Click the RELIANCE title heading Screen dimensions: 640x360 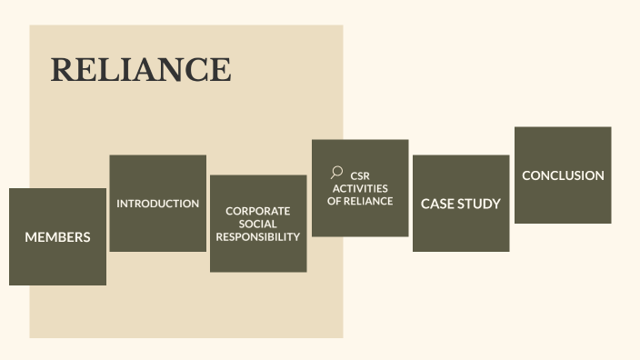(140, 70)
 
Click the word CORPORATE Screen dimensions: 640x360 (258, 211)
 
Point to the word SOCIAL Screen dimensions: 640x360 (258, 224)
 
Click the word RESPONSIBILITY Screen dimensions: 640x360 (258, 236)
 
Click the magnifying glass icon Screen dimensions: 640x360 (336, 172)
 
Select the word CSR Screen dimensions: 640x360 (361, 175)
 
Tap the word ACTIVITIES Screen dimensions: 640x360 (360, 188)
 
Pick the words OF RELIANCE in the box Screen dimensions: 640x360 (360, 201)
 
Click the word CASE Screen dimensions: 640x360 (436, 204)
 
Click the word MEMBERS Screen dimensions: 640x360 (57, 237)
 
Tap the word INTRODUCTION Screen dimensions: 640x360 (157, 204)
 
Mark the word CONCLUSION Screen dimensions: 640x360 (563, 175)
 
